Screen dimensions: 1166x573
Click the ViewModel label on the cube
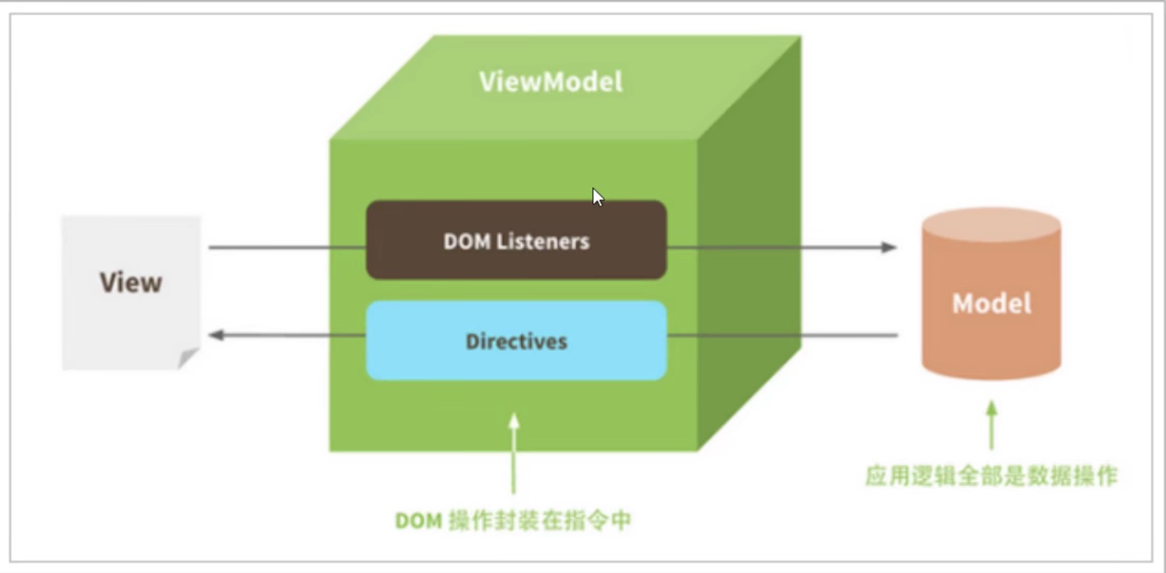[551, 82]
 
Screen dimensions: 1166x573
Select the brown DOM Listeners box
[517, 240]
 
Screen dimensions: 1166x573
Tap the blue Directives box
[517, 341]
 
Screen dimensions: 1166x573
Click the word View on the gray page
[131, 283]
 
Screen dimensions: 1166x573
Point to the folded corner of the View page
[187, 358]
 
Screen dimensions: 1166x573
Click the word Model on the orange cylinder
[992, 303]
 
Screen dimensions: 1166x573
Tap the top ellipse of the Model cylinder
[992, 225]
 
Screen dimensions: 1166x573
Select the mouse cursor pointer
[598, 197]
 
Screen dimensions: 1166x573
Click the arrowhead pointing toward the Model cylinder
[889, 248]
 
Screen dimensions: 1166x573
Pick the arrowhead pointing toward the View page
[216, 335]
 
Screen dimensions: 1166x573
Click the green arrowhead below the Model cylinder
[992, 408]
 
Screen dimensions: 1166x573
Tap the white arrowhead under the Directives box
[513, 421]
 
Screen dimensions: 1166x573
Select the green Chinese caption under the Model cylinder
[992, 476]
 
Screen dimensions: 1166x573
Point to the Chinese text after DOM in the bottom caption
[540, 520]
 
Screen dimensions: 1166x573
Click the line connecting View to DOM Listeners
[287, 248]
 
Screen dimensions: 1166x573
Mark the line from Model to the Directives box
[782, 335]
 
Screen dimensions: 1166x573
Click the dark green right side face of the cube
[750, 242]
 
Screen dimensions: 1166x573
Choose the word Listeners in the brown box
[543, 241]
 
